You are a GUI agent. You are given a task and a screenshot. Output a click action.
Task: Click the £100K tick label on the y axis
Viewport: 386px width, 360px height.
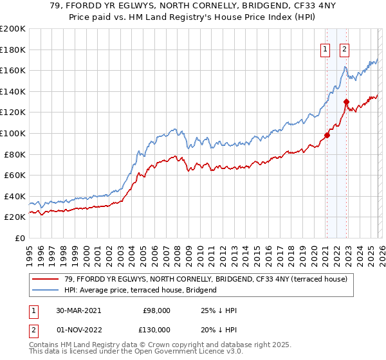pyautogui.click(x=12, y=133)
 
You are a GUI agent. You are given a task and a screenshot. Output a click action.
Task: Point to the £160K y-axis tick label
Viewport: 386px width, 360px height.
pyautogui.click(x=12, y=70)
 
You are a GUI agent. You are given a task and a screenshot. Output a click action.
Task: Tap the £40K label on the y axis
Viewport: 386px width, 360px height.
pyautogui.click(x=14, y=196)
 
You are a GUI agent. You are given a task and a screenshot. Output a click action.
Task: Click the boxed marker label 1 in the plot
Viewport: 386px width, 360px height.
pyautogui.click(x=326, y=49)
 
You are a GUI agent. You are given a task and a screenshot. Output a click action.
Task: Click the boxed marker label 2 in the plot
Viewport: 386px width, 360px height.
pyautogui.click(x=345, y=49)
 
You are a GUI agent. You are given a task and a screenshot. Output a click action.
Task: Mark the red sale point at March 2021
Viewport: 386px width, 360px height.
pyautogui.click(x=327, y=135)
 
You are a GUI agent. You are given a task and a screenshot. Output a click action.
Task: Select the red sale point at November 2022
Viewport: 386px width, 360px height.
pyautogui.click(x=346, y=102)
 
